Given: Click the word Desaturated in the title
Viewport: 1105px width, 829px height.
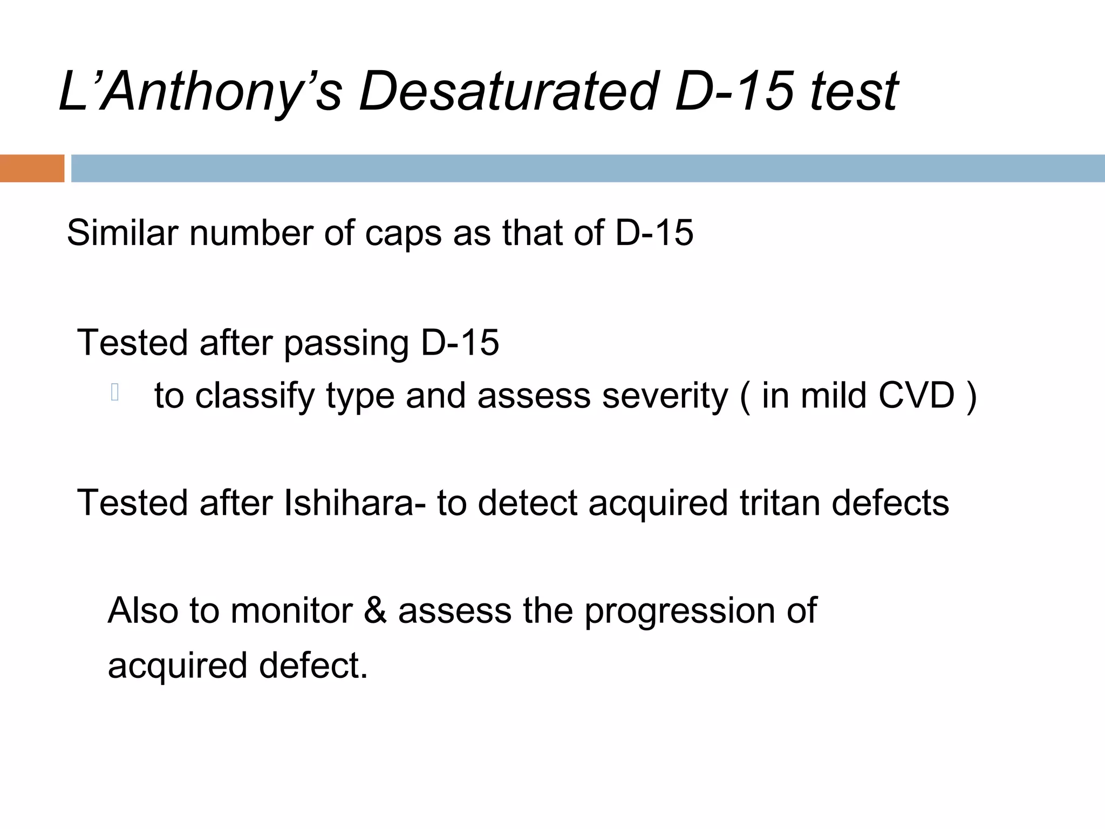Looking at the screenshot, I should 508,92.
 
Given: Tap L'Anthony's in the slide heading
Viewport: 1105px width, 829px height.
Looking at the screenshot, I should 200,92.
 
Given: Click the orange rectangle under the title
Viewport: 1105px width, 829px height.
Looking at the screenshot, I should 32,168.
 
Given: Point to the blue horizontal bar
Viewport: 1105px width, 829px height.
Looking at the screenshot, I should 588,168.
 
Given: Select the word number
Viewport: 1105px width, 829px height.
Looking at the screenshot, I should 250,233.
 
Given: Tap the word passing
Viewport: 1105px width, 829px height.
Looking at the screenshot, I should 346,344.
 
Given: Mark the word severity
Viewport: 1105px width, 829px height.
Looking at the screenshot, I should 665,397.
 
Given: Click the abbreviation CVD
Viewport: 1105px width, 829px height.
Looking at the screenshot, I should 917,396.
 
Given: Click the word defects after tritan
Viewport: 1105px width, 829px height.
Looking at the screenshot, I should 890,503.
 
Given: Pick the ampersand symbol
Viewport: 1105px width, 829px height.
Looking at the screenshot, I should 376,611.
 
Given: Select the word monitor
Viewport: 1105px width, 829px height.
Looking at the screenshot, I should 291,611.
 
